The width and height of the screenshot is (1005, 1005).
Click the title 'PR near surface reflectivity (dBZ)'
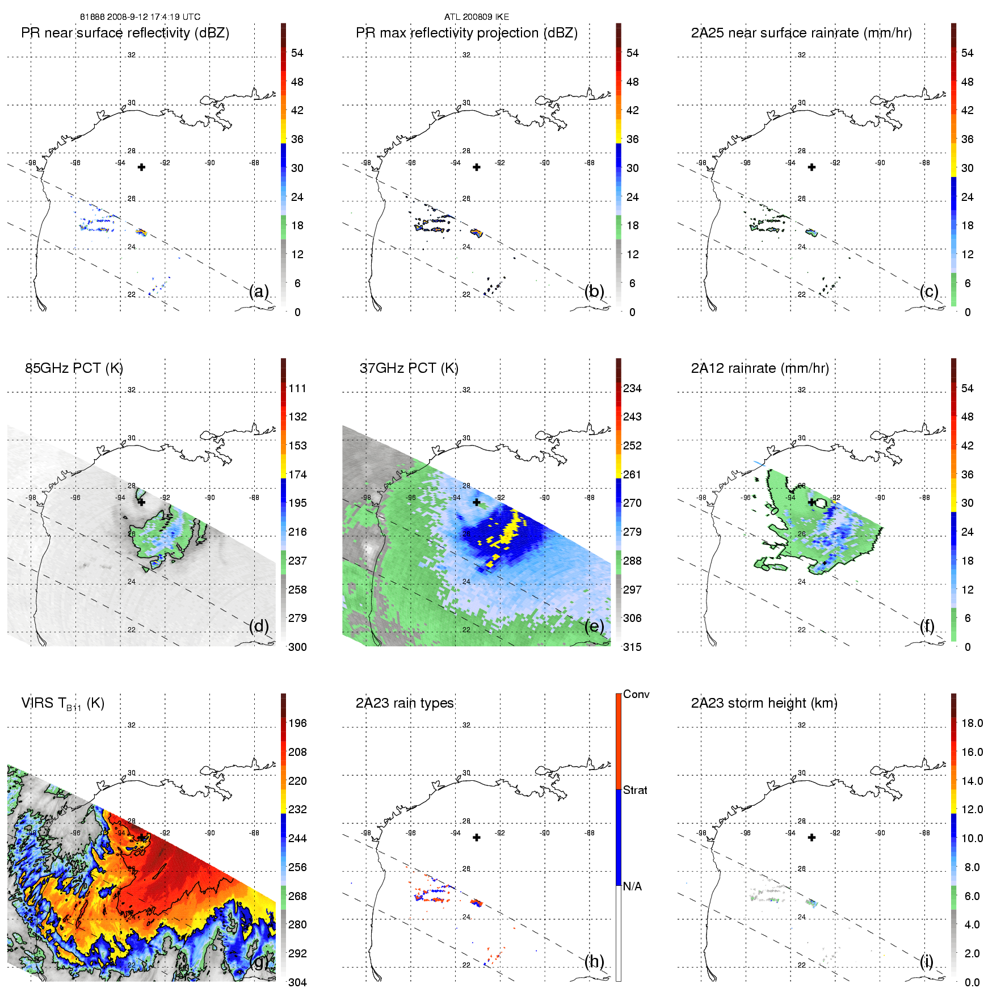[125, 33]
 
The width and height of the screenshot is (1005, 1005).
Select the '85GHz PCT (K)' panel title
[74, 368]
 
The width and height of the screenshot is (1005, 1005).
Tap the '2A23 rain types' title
[405, 703]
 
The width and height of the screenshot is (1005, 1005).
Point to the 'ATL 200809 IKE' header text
[477, 17]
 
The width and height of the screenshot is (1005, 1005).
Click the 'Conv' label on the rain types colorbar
[636, 694]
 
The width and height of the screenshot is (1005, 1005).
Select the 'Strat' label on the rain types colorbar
[635, 790]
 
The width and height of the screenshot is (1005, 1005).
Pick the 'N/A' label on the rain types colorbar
[633, 886]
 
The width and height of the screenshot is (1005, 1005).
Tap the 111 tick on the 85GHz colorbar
[297, 388]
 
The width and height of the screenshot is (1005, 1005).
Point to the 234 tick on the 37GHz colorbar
[632, 388]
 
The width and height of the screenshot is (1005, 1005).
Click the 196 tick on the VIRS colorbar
[297, 723]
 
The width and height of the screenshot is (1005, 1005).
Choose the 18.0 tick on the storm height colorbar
[972, 723]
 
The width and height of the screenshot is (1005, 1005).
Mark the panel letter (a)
[259, 291]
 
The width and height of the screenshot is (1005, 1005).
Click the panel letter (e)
[594, 626]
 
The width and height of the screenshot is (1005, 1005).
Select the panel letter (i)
[927, 961]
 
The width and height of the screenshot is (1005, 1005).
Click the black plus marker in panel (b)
[477, 167]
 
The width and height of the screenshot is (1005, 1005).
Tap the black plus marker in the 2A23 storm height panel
[812, 838]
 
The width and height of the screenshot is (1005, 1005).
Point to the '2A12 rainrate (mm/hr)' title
[760, 368]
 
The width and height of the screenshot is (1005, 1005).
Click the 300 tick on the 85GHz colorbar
[297, 647]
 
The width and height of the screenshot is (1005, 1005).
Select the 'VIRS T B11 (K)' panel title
[62, 704]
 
